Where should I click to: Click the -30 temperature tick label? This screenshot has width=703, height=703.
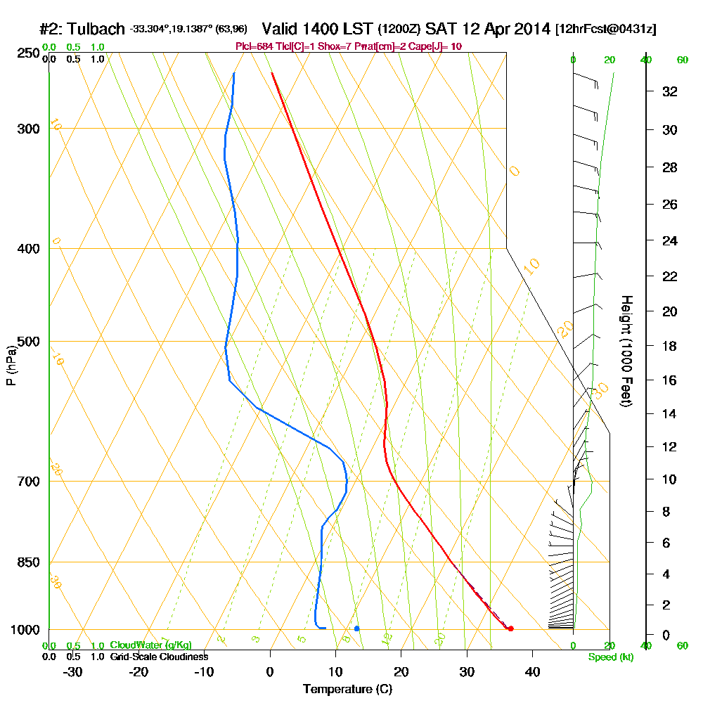(72, 671)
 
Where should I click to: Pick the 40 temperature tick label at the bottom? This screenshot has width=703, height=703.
(532, 671)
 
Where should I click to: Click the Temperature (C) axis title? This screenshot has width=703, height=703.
(347, 689)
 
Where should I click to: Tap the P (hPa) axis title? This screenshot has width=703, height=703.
(11, 366)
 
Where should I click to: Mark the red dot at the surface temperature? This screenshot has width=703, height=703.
(510, 628)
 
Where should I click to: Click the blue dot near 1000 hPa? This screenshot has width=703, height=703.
(357, 628)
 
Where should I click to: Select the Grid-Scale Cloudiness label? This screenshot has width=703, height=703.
(158, 657)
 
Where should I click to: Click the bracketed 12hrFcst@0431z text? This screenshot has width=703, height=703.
(605, 30)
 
